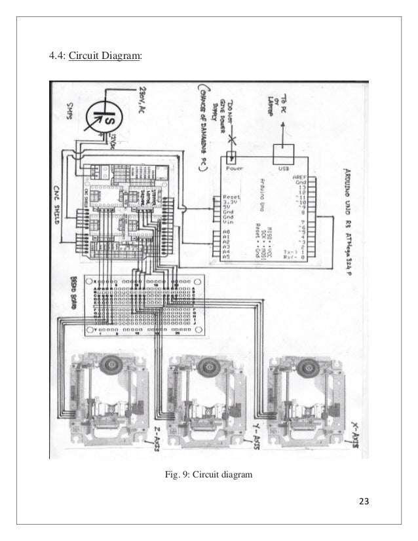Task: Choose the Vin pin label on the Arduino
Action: [229, 222]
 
